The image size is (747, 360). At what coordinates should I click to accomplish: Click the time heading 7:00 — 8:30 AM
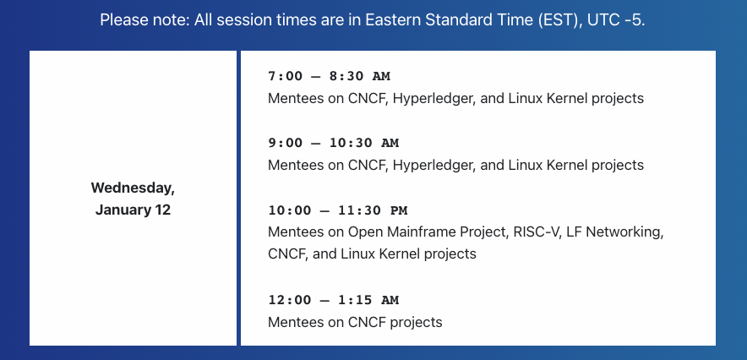pyautogui.click(x=329, y=77)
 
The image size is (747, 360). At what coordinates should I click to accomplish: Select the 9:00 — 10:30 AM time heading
pyautogui.click(x=333, y=143)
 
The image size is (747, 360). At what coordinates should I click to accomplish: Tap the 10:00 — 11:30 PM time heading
pyautogui.click(x=337, y=210)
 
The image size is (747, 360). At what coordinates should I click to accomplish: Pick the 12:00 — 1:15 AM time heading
pyautogui.click(x=333, y=300)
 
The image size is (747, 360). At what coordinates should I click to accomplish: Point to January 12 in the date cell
pyautogui.click(x=133, y=210)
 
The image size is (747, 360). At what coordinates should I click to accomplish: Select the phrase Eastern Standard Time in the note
pyautogui.click(x=451, y=19)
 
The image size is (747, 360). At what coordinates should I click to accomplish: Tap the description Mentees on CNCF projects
pyautogui.click(x=355, y=322)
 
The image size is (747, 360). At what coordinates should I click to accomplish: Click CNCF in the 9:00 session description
pyautogui.click(x=367, y=165)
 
